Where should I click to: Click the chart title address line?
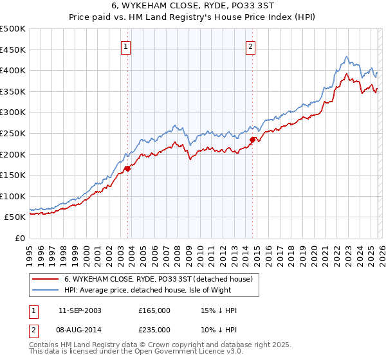point(193,6)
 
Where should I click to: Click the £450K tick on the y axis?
point(13,50)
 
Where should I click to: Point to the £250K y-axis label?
point(13,133)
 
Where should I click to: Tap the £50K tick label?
point(15,217)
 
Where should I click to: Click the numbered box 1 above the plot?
point(125,46)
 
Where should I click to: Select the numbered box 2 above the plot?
point(250,46)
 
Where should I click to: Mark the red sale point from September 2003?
point(127,169)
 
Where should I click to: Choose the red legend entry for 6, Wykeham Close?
point(161,279)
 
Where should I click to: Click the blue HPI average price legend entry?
point(161,291)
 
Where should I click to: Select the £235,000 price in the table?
point(154,329)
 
